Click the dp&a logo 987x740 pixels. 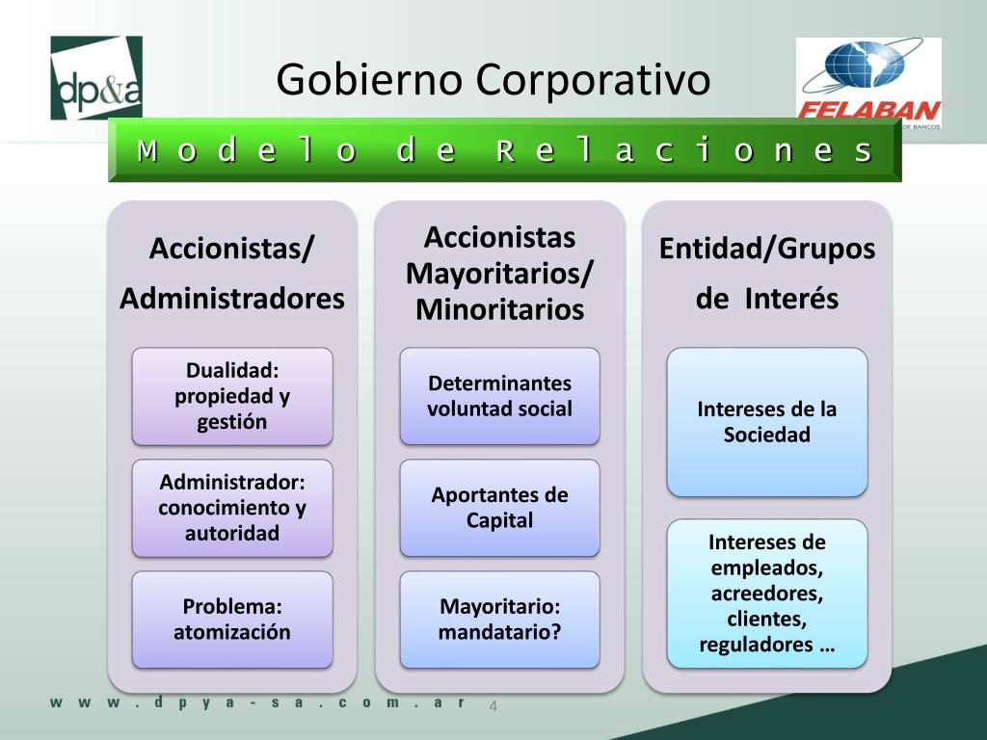(x=96, y=78)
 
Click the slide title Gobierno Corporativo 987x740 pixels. (x=493, y=79)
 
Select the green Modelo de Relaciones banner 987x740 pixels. (x=505, y=150)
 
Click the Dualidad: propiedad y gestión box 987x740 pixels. (x=232, y=396)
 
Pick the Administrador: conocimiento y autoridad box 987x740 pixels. (x=232, y=508)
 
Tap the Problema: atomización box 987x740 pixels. (x=232, y=620)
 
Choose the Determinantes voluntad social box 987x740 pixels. (x=499, y=396)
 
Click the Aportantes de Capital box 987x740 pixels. (x=499, y=508)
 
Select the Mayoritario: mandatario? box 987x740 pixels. (x=499, y=620)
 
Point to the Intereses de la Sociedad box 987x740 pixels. (x=767, y=422)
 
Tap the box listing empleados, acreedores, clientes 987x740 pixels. (x=767, y=594)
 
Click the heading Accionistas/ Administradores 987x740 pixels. (x=232, y=274)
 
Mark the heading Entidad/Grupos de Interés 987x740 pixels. (x=767, y=274)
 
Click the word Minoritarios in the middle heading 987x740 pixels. (x=499, y=310)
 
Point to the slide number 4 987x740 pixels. (x=493, y=706)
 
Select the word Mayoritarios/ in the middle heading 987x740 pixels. (x=499, y=274)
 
